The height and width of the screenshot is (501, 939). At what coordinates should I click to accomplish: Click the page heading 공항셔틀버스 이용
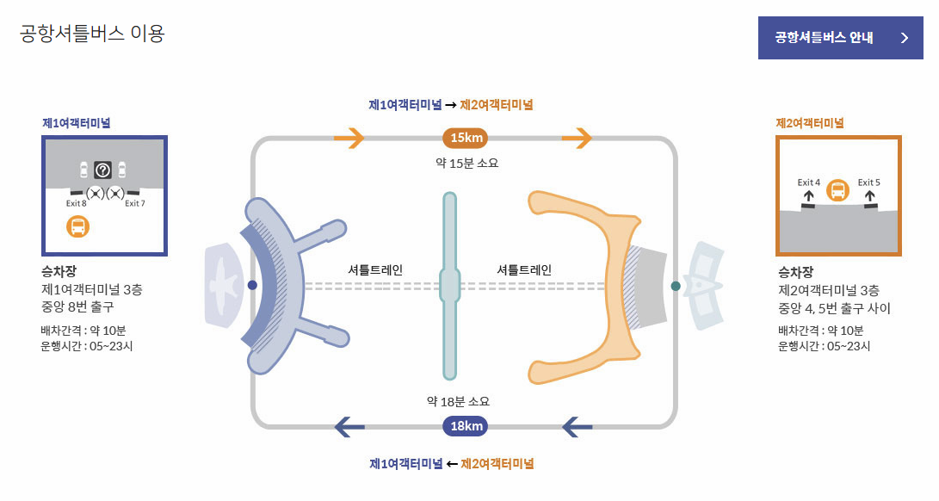point(92,34)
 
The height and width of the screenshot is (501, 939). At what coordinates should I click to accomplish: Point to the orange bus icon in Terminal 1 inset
point(77,227)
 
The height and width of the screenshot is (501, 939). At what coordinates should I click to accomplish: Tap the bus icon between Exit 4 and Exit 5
point(839,190)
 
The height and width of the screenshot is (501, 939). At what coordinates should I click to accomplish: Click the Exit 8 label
point(76,204)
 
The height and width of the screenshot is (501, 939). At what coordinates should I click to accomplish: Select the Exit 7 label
point(134,204)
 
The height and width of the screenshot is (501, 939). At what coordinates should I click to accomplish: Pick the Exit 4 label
point(808,182)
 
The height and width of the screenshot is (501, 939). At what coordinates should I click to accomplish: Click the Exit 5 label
point(868,182)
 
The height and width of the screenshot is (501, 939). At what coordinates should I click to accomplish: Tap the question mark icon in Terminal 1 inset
point(102,170)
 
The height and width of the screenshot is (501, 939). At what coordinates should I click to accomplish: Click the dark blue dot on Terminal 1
point(252,285)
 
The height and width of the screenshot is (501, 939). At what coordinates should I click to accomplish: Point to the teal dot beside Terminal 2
point(676,286)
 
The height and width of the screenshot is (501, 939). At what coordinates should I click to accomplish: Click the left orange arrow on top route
point(349,138)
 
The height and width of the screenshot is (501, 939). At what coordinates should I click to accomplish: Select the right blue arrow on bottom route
point(577,426)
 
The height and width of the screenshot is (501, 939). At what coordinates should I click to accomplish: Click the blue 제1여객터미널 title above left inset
point(77,123)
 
